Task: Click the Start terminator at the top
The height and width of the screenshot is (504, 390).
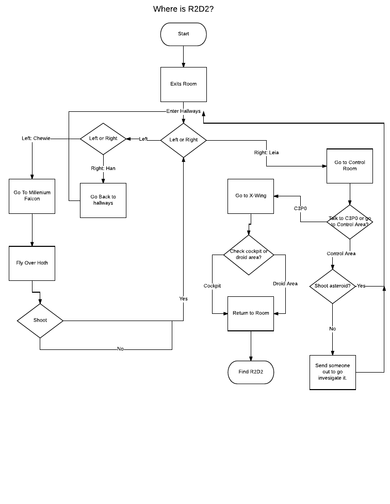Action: tap(184, 34)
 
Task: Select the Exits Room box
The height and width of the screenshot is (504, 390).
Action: tap(184, 84)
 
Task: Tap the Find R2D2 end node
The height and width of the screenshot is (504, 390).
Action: tap(251, 372)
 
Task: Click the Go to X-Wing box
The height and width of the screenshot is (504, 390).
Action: tap(251, 196)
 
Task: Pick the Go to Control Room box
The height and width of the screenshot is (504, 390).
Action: tap(350, 165)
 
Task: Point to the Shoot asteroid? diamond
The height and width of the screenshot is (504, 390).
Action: tap(332, 286)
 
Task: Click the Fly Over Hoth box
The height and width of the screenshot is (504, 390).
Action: tap(32, 263)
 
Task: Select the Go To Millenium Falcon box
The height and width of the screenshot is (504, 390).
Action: tap(32, 196)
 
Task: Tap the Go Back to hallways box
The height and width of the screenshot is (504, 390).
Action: tap(103, 200)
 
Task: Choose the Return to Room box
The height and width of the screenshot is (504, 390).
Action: tap(251, 313)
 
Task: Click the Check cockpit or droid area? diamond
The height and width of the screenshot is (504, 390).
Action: tap(249, 255)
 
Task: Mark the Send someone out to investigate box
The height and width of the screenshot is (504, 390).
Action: tap(332, 372)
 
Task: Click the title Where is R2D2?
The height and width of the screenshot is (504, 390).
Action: tap(184, 9)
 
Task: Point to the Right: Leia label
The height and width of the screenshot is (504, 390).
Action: tap(266, 153)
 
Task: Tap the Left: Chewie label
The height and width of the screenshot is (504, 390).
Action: tap(36, 139)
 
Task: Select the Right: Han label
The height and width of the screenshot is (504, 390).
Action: tap(103, 169)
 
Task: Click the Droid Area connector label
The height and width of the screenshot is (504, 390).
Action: tap(285, 284)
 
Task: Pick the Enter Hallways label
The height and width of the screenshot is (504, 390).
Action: tap(184, 111)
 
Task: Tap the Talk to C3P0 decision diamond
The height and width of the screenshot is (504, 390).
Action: tap(350, 222)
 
